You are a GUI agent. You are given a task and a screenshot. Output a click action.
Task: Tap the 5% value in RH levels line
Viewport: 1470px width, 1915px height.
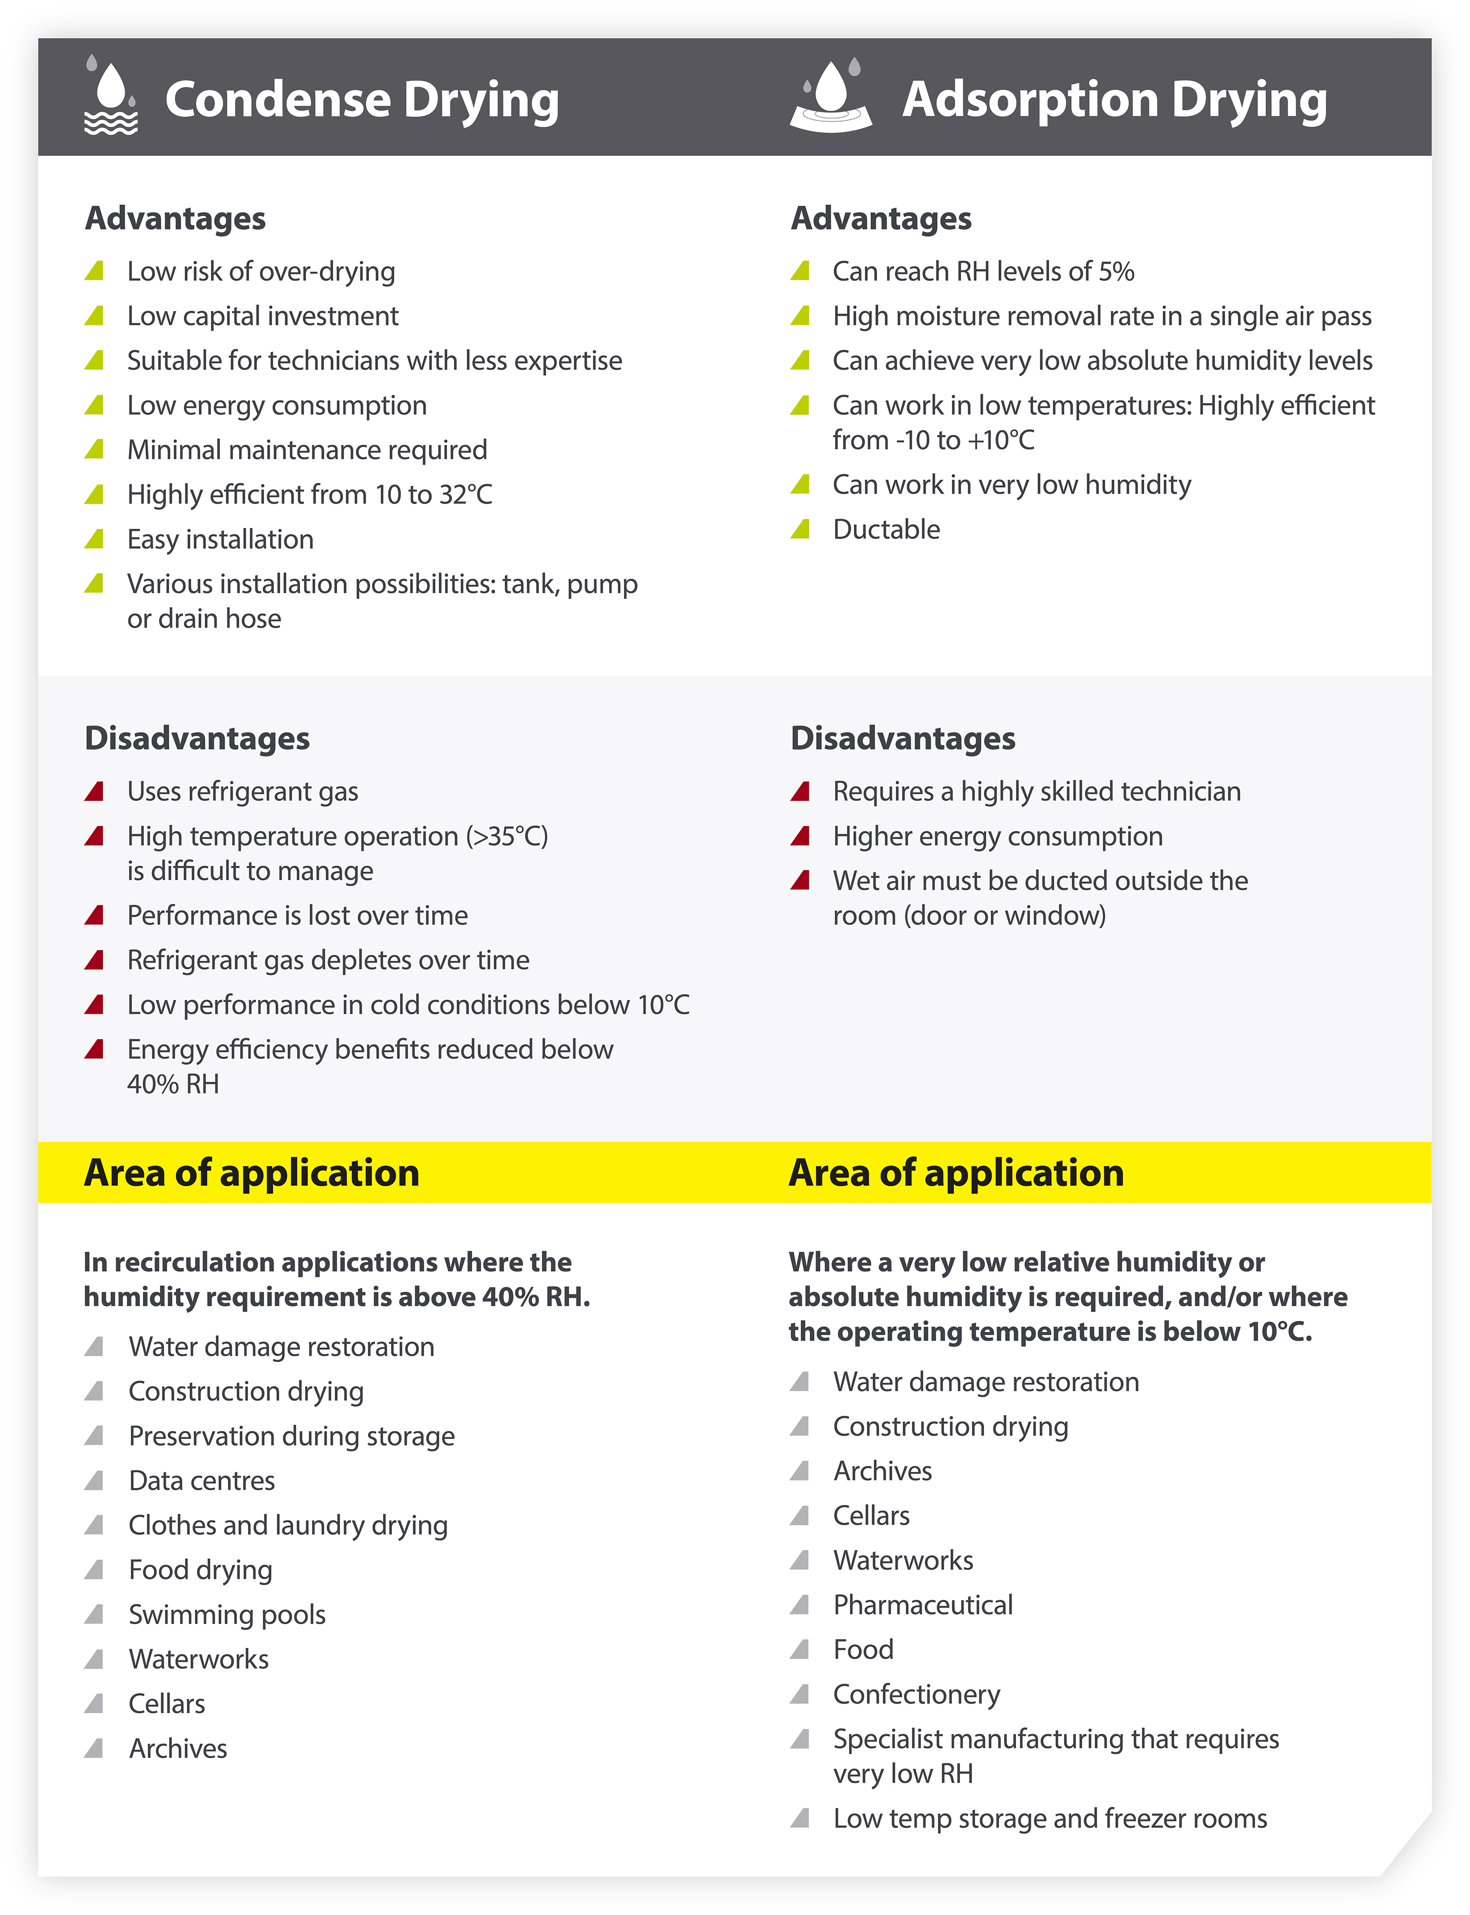1116,271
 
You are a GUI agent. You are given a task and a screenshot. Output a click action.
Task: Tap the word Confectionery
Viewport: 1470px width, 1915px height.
916,1694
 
